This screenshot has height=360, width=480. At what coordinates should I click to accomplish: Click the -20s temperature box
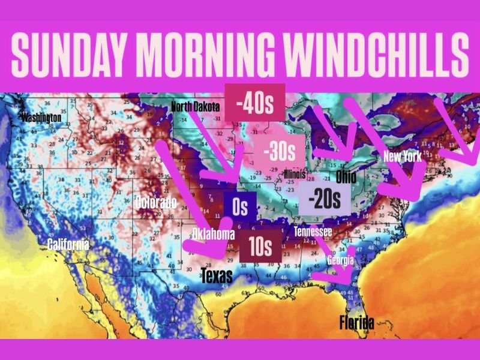[x=324, y=199]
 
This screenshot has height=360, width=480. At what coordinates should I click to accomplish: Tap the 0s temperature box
[x=240, y=208]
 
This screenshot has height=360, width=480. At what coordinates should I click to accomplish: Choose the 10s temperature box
[x=260, y=246]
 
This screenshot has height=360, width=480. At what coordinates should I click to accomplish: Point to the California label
[x=68, y=244]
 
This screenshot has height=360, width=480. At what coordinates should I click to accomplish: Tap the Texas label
[x=217, y=275]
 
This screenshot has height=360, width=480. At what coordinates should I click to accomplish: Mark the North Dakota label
[x=196, y=107]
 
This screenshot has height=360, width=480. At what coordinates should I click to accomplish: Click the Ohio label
[x=346, y=176]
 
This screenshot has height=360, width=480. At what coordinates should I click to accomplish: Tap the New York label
[x=403, y=158]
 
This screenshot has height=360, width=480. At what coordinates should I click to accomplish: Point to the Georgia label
[x=340, y=260]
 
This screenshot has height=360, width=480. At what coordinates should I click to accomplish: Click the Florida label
[x=356, y=323]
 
